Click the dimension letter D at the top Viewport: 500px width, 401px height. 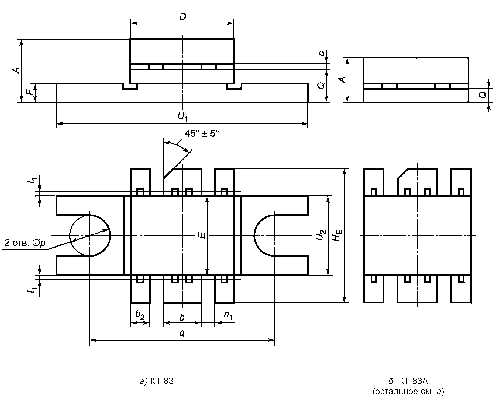click(183, 17)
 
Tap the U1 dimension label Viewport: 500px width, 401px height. click(183, 117)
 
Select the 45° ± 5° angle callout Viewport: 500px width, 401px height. click(202, 134)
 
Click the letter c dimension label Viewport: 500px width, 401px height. click(322, 53)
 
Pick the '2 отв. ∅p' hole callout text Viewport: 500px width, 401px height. click(25, 243)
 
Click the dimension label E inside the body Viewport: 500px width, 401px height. click(203, 236)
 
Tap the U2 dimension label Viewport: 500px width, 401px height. click(321, 235)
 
